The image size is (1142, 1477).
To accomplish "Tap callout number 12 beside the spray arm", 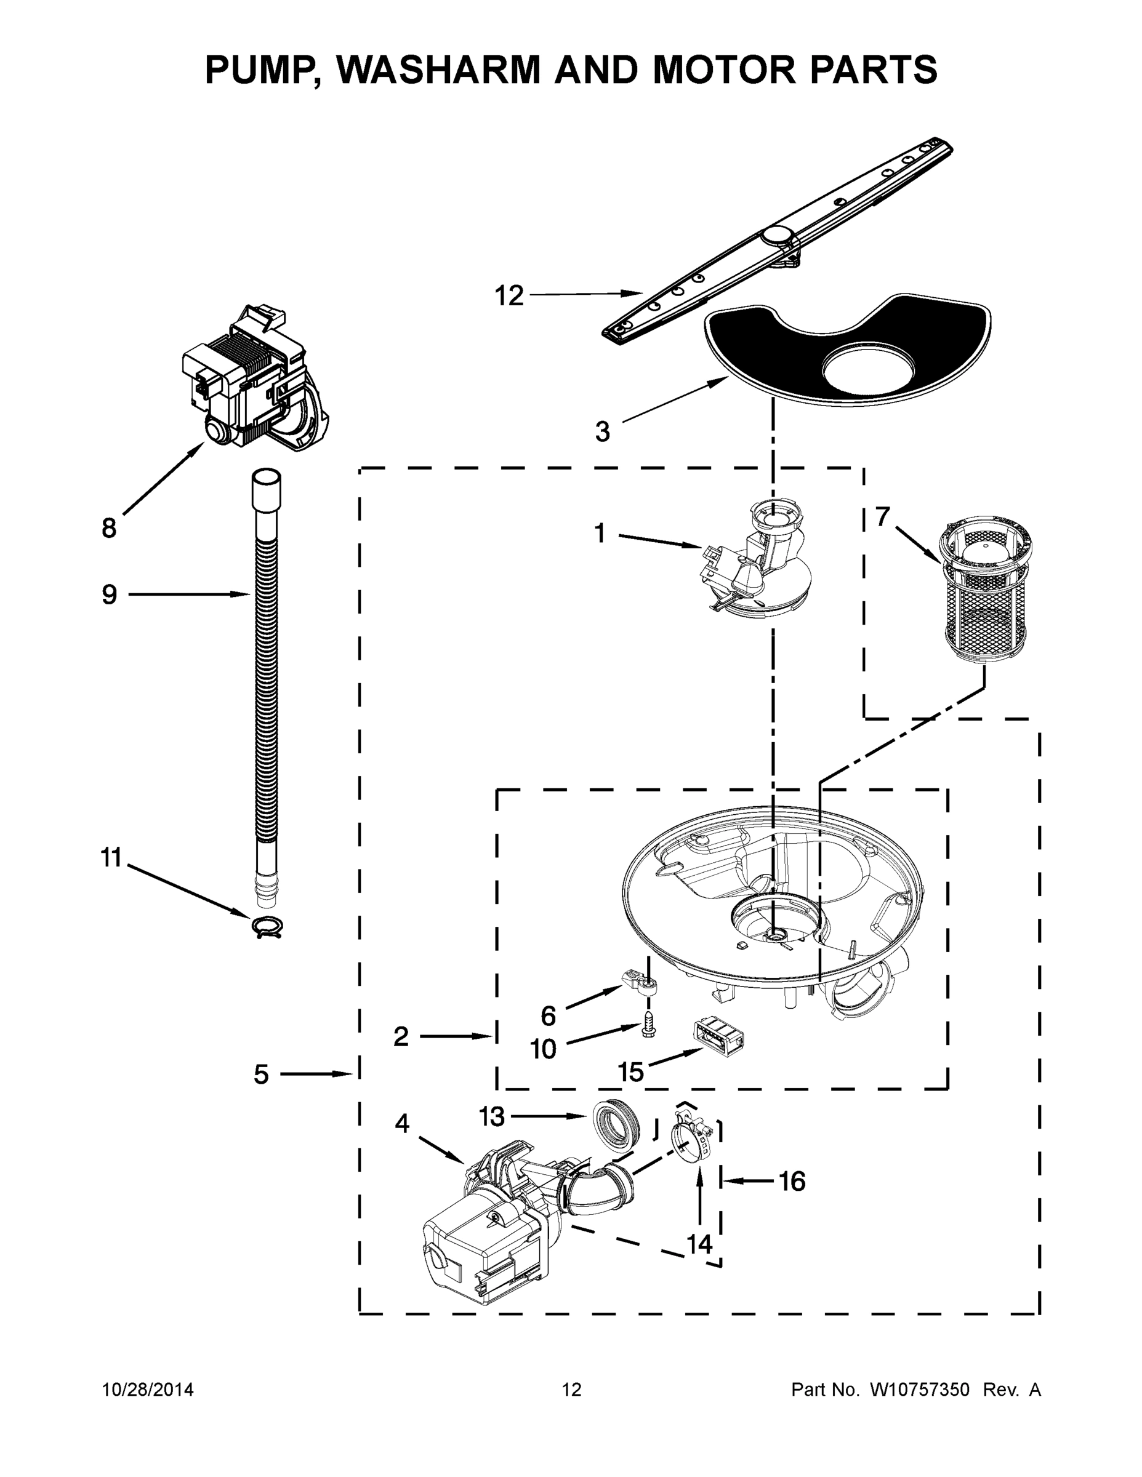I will (x=509, y=295).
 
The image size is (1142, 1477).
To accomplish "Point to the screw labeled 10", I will (x=648, y=1030).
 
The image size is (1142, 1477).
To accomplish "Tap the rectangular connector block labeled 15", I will (x=718, y=1039).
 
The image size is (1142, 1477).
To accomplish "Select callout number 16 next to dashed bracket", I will (x=792, y=1182).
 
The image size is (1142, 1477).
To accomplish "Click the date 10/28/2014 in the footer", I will (x=148, y=1390).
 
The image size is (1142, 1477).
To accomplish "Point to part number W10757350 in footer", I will (x=919, y=1390).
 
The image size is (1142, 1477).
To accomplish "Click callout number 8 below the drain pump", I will (x=109, y=527).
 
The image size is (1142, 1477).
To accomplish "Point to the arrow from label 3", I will (x=670, y=401).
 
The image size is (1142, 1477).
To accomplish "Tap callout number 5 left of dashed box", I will (x=262, y=1074).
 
